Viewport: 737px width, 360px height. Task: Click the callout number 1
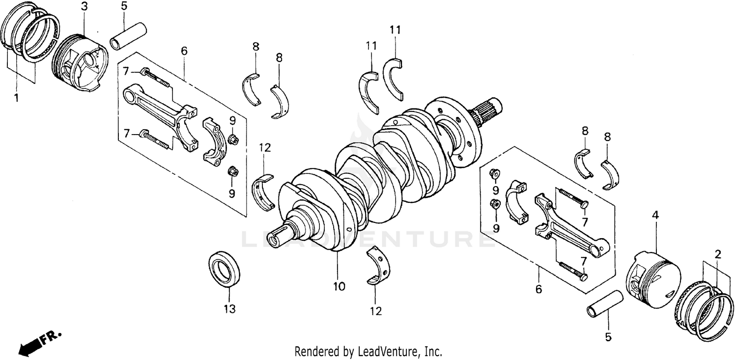click(x=16, y=98)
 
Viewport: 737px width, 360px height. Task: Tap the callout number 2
click(x=718, y=254)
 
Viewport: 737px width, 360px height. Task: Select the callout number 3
click(x=85, y=6)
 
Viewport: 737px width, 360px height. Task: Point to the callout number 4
click(x=655, y=215)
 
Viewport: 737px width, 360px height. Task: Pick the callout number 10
click(x=339, y=286)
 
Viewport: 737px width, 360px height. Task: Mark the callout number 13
click(x=229, y=309)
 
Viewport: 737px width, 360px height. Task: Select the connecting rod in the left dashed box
click(x=157, y=113)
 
